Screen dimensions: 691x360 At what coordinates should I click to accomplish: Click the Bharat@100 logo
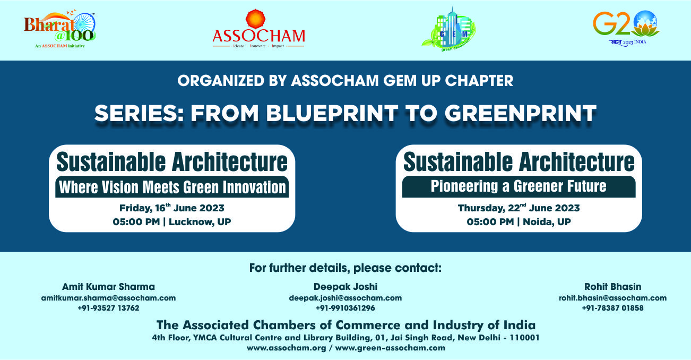60,29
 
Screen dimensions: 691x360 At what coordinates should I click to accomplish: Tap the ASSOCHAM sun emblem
255,19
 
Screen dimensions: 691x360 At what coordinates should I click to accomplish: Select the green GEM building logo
449,29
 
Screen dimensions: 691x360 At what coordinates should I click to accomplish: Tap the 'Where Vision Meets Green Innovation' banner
172,187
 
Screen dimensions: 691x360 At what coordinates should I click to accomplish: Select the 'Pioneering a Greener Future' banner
519,186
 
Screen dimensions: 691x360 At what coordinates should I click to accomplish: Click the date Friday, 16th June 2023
172,208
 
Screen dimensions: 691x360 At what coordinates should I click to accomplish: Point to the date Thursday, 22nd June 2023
519,208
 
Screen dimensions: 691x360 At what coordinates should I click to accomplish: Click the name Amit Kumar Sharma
109,287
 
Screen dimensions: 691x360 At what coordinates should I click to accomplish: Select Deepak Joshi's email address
346,298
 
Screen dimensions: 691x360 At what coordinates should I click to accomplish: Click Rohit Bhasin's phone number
612,308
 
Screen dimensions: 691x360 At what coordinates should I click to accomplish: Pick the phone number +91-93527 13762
109,308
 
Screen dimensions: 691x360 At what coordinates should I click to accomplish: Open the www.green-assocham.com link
390,348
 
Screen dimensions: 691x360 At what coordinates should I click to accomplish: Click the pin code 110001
524,338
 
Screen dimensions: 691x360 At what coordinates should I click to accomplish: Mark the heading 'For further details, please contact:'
346,268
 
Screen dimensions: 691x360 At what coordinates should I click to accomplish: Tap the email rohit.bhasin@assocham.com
612,298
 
